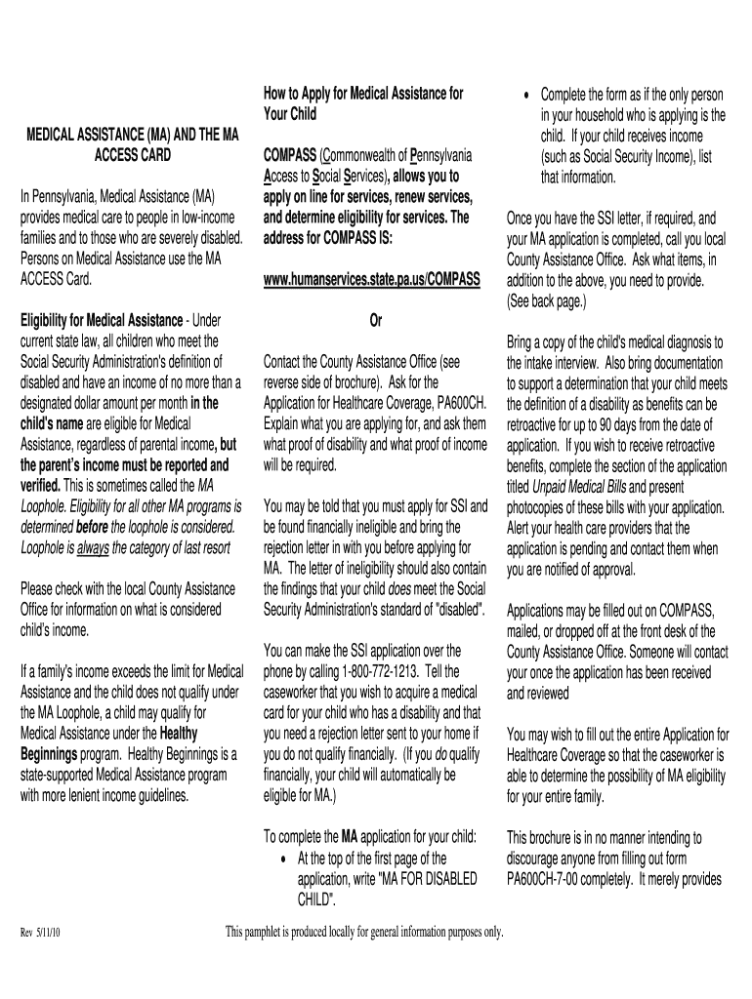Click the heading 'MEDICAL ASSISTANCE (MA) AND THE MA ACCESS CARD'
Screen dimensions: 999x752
click(x=132, y=145)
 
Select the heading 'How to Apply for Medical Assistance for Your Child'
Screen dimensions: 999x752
click(x=363, y=102)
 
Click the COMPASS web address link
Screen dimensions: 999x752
click(x=372, y=281)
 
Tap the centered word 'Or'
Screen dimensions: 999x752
click(x=374, y=321)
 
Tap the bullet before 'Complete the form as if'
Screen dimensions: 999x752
click(x=527, y=95)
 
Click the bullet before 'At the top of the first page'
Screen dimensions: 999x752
click(x=282, y=859)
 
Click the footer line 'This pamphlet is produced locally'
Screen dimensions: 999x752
click(x=364, y=933)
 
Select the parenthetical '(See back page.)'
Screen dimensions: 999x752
click(x=547, y=301)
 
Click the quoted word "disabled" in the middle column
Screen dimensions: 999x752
click(x=452, y=610)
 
